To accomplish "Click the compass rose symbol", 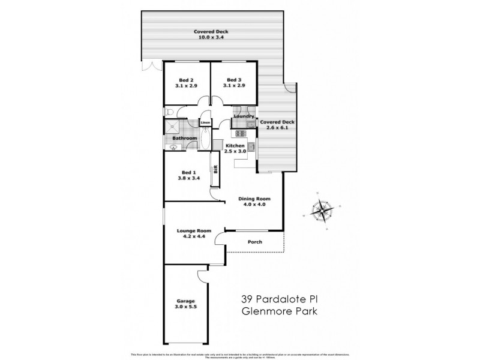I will pos(323,210).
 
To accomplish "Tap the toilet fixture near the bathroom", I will pos(170,112).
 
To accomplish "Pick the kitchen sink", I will pos(253,146).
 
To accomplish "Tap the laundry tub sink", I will pos(251,124).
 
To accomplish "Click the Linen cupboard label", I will pos(205,122).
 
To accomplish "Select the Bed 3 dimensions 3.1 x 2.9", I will pos(234,86).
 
